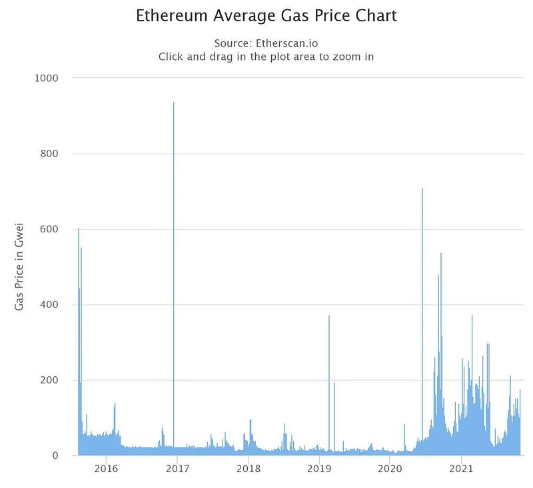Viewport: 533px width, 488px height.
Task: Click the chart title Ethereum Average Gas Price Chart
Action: click(266, 16)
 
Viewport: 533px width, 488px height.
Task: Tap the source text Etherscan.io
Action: click(266, 43)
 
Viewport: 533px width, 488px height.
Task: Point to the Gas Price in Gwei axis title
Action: click(20, 266)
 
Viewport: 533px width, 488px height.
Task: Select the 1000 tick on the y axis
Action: click(47, 78)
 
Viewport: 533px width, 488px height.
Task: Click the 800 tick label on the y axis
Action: click(49, 154)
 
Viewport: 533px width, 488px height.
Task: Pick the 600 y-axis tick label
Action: click(49, 229)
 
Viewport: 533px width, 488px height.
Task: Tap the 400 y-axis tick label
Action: click(49, 305)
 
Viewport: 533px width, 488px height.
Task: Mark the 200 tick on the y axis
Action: click(49, 380)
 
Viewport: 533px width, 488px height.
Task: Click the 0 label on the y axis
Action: click(55, 456)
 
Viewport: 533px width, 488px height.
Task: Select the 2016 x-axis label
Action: click(107, 469)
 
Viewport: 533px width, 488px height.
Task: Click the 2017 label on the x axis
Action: click(177, 469)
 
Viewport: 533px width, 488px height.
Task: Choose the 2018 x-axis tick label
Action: click(249, 469)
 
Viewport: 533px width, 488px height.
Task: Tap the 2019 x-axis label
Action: click(319, 469)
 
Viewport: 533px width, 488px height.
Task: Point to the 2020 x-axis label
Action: click(390, 469)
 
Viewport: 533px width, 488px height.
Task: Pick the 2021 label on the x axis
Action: click(461, 469)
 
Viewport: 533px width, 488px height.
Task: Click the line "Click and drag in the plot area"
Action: click(266, 57)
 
